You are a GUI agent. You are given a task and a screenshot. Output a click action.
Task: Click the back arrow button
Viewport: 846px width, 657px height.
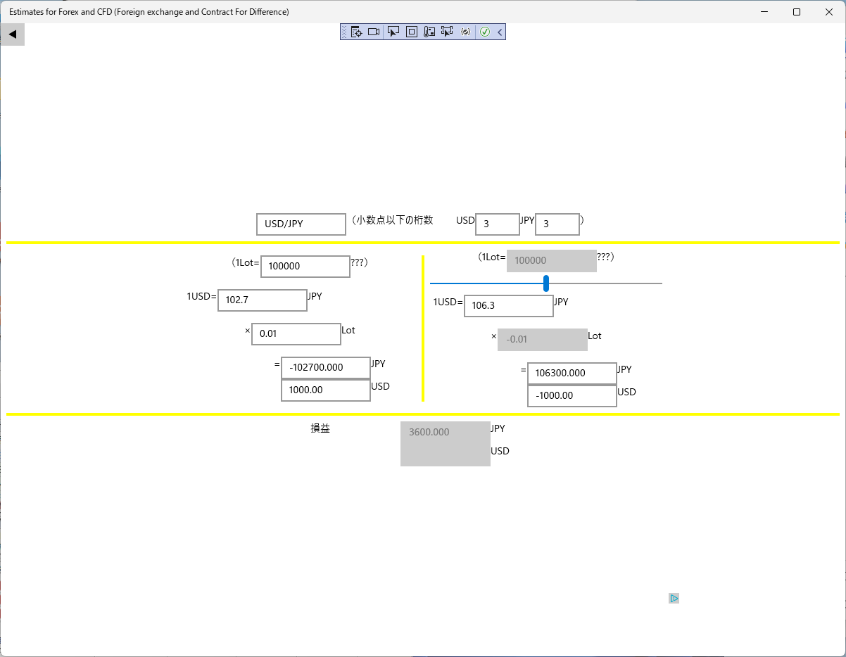point(13,34)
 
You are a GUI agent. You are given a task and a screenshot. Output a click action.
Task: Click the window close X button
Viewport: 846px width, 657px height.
point(829,12)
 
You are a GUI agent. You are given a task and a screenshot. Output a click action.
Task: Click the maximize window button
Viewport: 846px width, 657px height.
point(797,12)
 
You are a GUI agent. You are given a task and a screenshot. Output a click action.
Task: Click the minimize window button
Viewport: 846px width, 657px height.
point(764,12)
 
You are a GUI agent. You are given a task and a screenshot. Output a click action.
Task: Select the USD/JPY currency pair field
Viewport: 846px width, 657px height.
point(301,224)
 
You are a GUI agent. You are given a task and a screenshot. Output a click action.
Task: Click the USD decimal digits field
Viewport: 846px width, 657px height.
point(497,224)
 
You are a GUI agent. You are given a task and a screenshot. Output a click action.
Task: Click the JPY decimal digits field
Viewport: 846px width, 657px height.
point(557,224)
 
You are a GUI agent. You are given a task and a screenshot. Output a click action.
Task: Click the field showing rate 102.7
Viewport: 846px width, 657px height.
point(263,300)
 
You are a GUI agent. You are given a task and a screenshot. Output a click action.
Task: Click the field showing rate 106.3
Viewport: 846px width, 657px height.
point(508,306)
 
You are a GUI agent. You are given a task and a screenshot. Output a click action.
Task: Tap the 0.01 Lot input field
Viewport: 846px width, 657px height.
point(296,333)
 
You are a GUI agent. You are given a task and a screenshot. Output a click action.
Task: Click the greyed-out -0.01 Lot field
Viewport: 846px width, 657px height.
point(543,340)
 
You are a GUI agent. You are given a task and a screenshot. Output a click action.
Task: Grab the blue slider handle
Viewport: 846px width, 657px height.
point(546,283)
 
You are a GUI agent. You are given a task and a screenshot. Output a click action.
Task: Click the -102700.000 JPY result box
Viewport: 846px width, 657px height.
point(325,368)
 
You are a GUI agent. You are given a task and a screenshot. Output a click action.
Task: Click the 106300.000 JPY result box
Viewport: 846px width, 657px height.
point(572,373)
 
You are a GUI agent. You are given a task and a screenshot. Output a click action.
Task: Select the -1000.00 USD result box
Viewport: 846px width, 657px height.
point(572,395)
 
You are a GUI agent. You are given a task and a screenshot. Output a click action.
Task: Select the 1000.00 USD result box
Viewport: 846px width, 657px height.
point(325,390)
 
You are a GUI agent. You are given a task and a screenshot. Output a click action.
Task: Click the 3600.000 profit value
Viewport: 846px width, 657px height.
point(429,432)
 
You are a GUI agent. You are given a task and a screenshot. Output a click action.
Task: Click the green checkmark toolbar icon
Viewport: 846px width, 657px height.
point(485,32)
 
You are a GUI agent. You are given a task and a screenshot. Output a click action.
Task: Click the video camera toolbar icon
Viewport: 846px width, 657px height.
point(374,32)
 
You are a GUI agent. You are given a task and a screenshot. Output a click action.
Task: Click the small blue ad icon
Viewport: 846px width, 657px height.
point(674,598)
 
